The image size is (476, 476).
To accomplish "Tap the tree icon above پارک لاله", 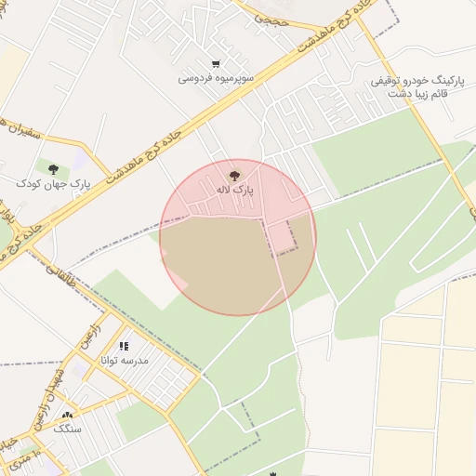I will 233,174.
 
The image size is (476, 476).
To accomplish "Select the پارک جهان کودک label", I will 53,184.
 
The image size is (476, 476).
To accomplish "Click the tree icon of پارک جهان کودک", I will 53,168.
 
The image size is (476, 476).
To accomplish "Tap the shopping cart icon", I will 216,63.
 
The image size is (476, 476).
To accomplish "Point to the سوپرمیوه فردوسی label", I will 216,79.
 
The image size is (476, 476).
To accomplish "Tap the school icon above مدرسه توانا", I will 124,347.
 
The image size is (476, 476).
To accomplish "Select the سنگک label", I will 67,428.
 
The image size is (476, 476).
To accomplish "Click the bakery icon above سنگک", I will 66,415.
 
